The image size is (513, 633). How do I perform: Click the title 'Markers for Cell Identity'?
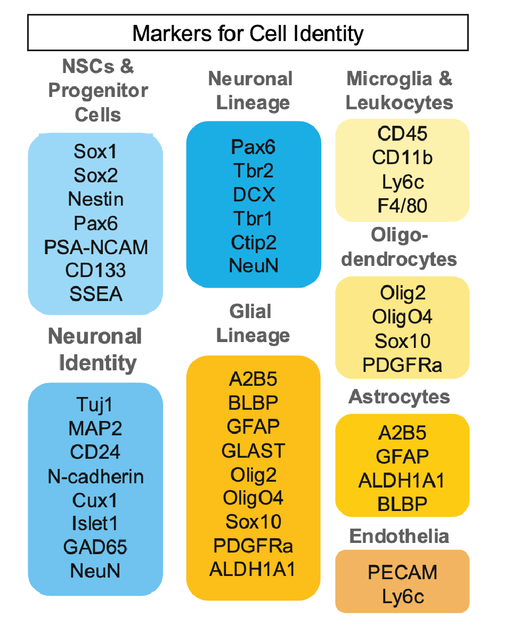click(x=248, y=33)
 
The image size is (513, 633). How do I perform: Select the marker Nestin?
click(x=96, y=199)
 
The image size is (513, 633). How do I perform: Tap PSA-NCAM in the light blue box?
click(x=96, y=247)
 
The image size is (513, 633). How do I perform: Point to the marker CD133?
click(x=96, y=270)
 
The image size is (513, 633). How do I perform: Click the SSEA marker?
click(x=96, y=294)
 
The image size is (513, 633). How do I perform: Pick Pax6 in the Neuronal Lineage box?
click(x=254, y=147)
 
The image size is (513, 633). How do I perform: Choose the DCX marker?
click(x=254, y=194)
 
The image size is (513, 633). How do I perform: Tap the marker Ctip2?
click(x=254, y=242)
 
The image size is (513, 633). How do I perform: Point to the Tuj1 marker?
click(x=95, y=405)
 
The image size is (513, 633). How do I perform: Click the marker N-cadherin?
click(x=95, y=476)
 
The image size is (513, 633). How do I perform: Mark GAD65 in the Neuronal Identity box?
click(x=95, y=547)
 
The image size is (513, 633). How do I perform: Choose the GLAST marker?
click(x=254, y=451)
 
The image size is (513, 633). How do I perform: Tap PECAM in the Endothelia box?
click(x=403, y=573)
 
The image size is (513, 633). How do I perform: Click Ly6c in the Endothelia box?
click(x=403, y=596)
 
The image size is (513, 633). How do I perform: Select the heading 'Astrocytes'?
click(x=400, y=397)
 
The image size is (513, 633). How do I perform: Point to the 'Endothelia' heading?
click(x=400, y=536)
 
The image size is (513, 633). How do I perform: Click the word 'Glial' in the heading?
click(x=250, y=312)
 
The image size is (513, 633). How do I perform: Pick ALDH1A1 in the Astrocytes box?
click(x=402, y=480)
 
